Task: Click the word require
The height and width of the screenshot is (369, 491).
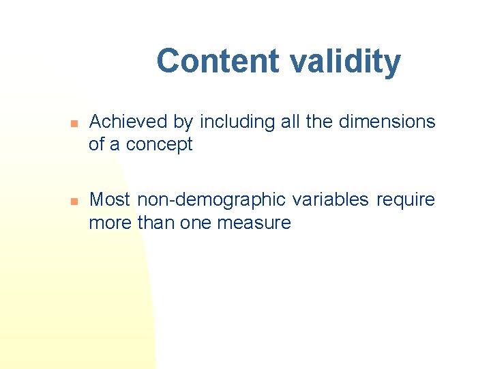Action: [x=406, y=200]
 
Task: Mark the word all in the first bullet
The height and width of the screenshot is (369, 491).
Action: [x=288, y=122]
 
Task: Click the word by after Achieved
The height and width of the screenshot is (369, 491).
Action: [x=183, y=122]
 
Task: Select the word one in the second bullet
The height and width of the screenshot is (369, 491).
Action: [x=195, y=222]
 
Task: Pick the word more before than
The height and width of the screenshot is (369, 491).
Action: [x=110, y=222]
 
